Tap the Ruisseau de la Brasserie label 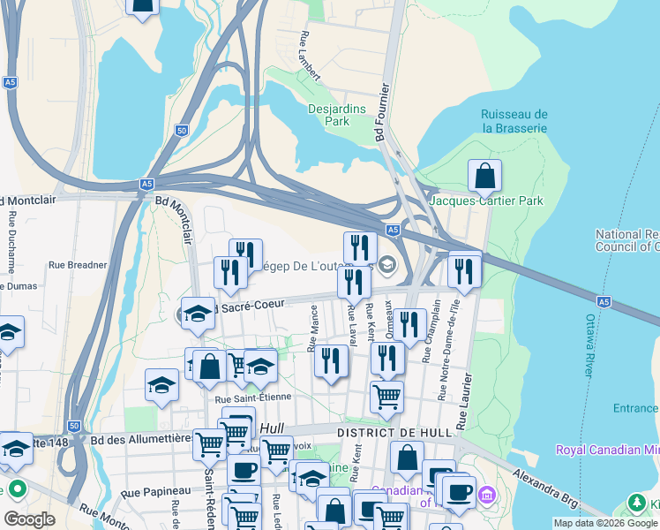514,121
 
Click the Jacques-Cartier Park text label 486,201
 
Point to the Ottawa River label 589,345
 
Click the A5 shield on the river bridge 604,301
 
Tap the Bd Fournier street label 381,114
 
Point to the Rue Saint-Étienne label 252,397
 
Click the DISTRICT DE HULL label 394,432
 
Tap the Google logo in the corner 29,519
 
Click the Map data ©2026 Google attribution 604,523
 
